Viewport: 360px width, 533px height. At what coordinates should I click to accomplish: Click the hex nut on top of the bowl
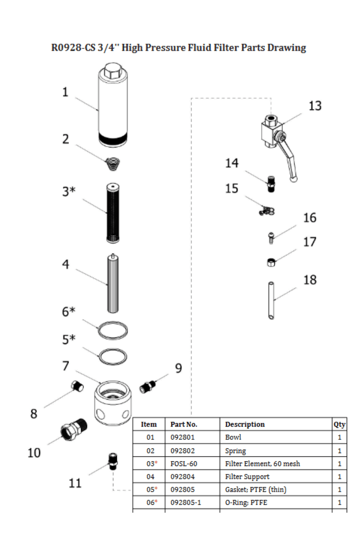pyautogui.click(x=113, y=71)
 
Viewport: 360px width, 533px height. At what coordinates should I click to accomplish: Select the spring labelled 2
pyautogui.click(x=113, y=164)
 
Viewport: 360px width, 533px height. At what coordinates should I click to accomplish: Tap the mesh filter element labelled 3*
pyautogui.click(x=113, y=213)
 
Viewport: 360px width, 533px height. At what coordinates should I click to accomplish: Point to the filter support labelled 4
pyautogui.click(x=113, y=283)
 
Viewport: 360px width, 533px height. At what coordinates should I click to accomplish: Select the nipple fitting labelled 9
pyautogui.click(x=148, y=387)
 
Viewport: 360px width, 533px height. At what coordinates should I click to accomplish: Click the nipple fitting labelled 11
pyautogui.click(x=113, y=462)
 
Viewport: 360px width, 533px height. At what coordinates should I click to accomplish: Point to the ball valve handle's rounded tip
pyautogui.click(x=294, y=179)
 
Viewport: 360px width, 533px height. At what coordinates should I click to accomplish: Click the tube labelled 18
pyautogui.click(x=271, y=300)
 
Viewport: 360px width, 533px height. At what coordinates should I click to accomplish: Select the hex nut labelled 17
pyautogui.click(x=271, y=263)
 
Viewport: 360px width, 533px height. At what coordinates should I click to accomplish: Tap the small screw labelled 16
pyautogui.click(x=271, y=238)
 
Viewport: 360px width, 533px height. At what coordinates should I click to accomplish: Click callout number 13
pyautogui.click(x=315, y=106)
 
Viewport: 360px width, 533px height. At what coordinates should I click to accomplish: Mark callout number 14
pyautogui.click(x=232, y=163)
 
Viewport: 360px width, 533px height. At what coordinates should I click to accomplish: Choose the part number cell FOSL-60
pyautogui.click(x=184, y=464)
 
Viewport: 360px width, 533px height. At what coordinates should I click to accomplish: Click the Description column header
pyautogui.click(x=245, y=424)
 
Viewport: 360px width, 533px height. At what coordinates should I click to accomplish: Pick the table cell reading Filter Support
pyautogui.click(x=247, y=477)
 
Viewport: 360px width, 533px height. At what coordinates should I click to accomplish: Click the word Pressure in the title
pyautogui.click(x=165, y=48)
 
